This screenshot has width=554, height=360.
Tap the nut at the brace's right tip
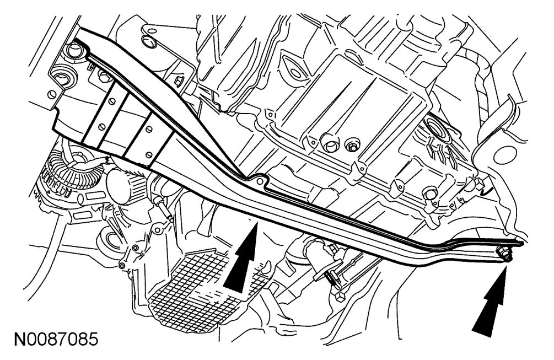tap(503, 254)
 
